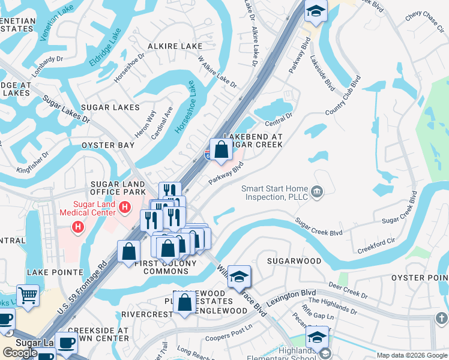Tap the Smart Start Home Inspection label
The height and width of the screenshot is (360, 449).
274,193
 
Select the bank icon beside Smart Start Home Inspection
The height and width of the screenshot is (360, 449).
318,193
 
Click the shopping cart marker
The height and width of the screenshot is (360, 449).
28,295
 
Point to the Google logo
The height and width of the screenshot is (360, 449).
20,353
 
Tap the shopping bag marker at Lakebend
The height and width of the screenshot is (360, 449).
221,150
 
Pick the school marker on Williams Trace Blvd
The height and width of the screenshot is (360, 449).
239,277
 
